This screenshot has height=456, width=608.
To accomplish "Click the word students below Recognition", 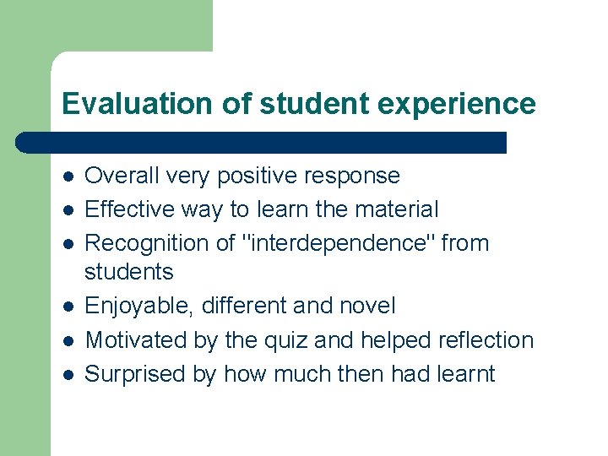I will pyautogui.click(x=129, y=272).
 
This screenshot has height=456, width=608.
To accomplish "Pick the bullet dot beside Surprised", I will pyautogui.click(x=68, y=375).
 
